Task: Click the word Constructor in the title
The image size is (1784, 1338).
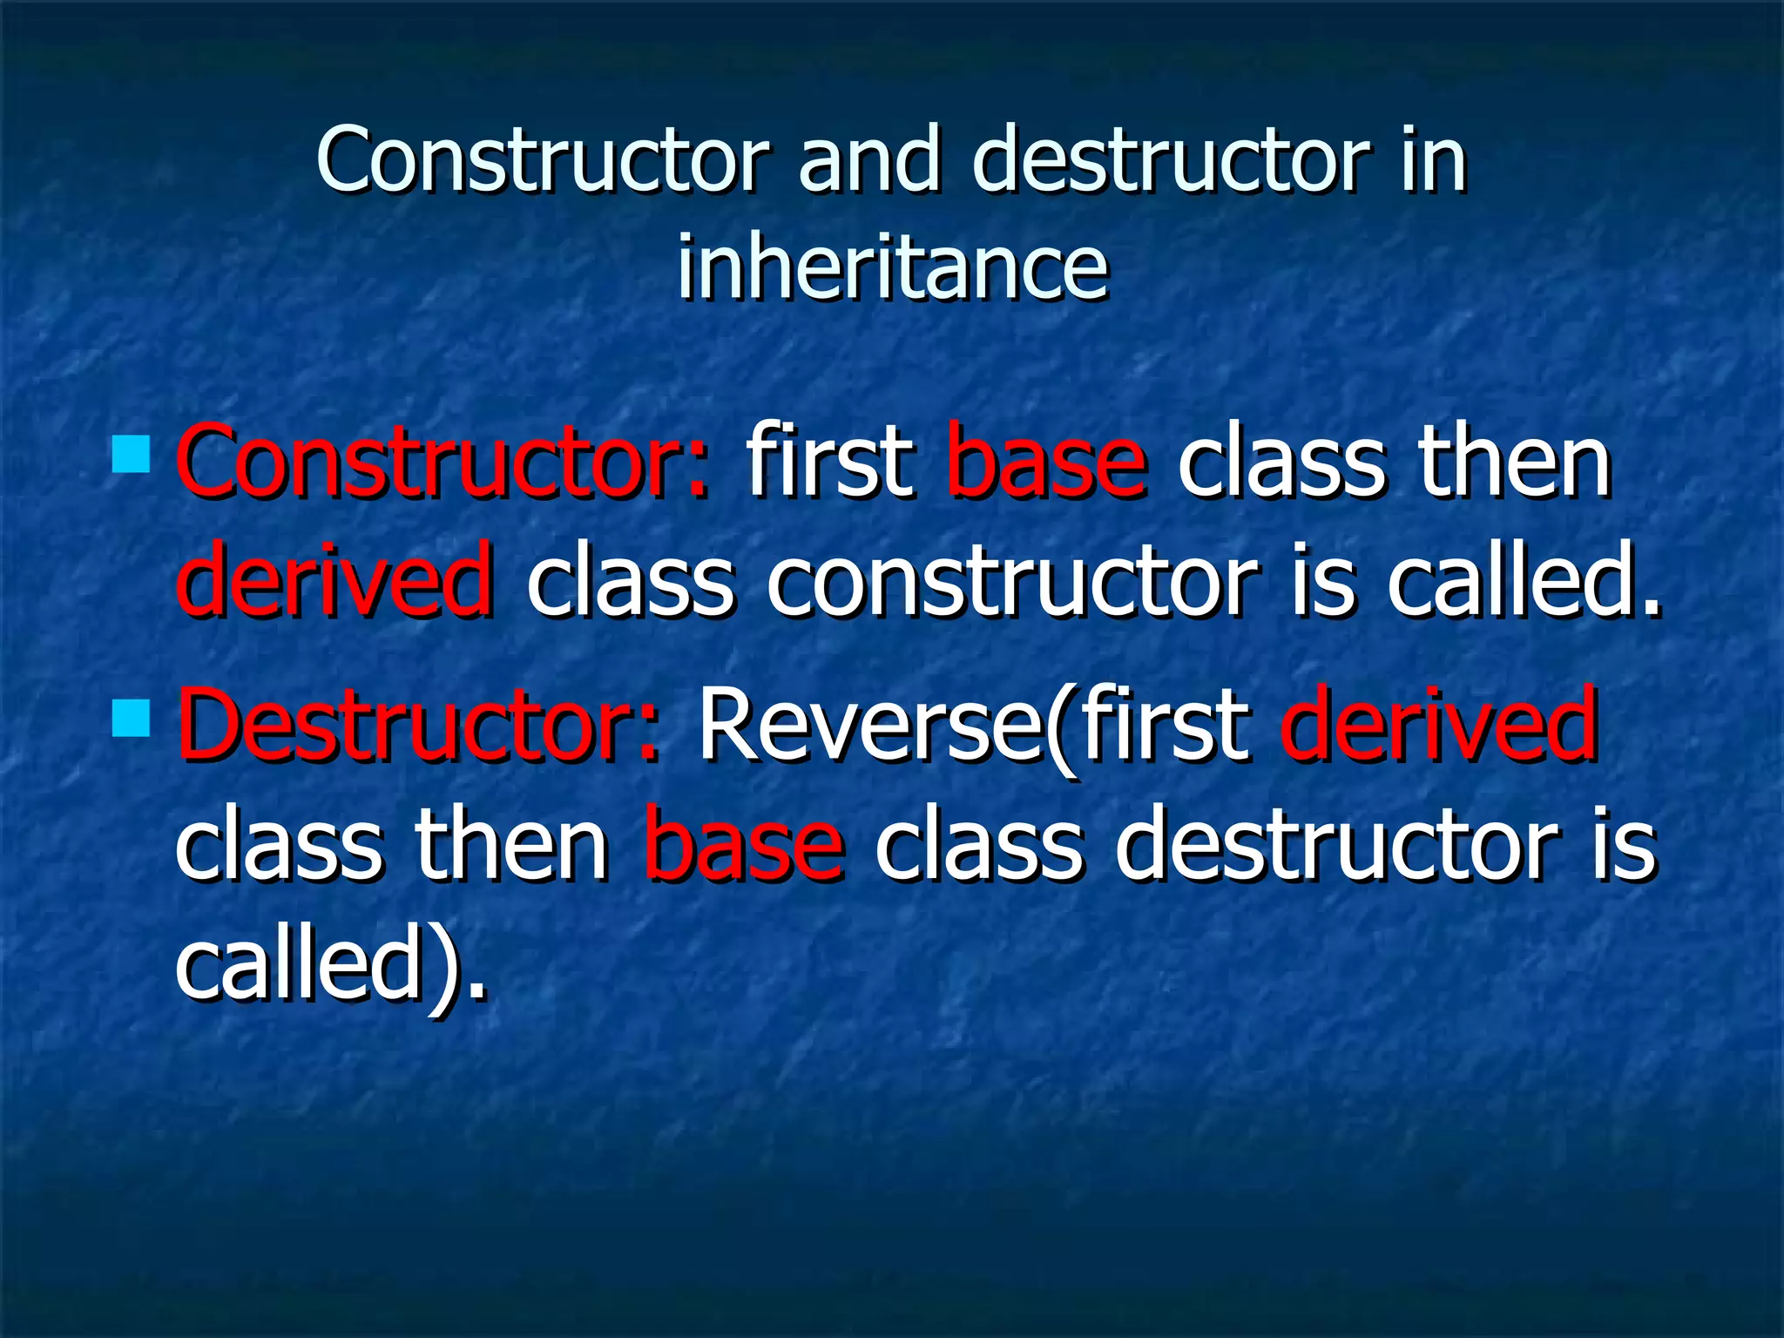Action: pyautogui.click(x=542, y=161)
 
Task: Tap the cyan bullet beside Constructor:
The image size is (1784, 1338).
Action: pyautogui.click(x=132, y=454)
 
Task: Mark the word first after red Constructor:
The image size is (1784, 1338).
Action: pyautogui.click(x=829, y=462)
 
